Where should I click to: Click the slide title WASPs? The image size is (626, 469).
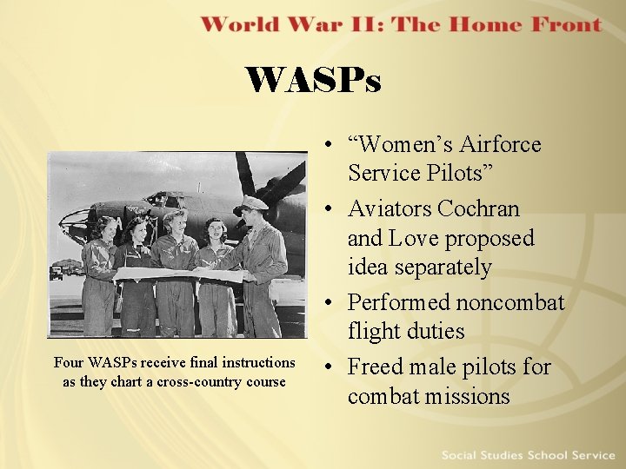pos(313,81)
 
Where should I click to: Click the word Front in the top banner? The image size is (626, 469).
pos(556,23)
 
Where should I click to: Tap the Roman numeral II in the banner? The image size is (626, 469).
pos(365,23)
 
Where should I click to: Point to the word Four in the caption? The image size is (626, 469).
pos(69,362)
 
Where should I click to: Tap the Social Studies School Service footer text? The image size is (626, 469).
pos(528,455)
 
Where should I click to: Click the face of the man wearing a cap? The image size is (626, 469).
pos(252,217)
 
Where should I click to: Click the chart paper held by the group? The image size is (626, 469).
pos(178,274)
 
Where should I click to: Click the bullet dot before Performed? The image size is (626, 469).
pos(334,303)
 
